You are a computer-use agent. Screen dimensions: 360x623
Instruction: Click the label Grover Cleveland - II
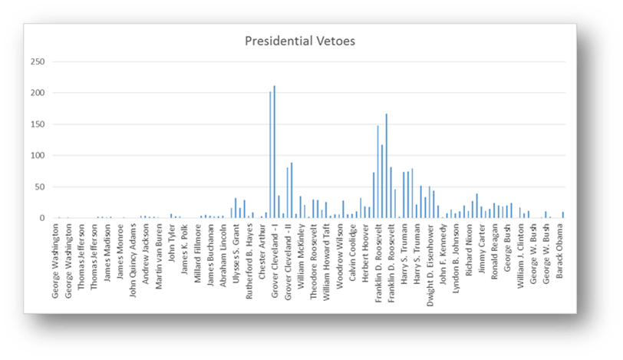coord(288,260)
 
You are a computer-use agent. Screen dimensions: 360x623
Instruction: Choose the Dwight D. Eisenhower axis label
coord(430,261)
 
